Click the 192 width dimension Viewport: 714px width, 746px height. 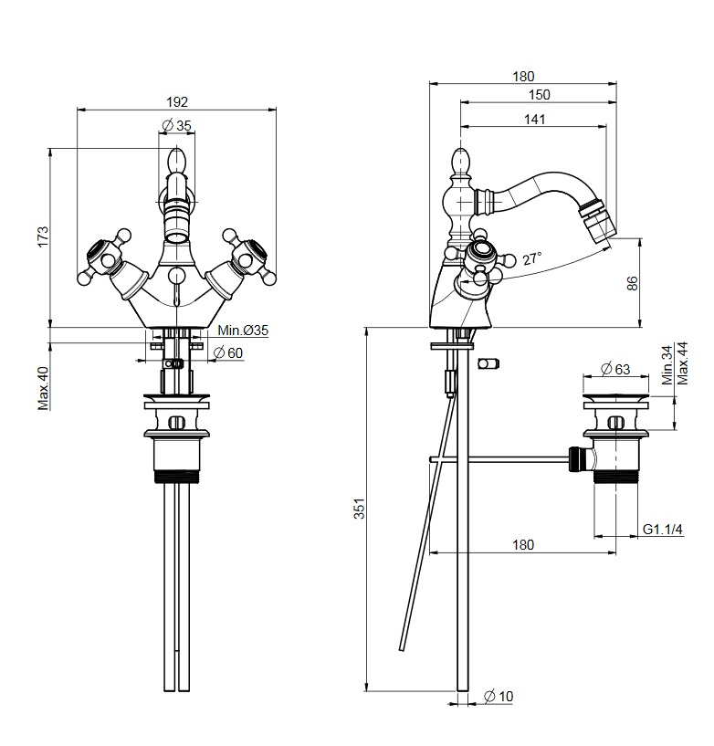(177, 102)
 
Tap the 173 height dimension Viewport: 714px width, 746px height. (43, 236)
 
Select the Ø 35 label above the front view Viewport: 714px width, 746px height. (176, 126)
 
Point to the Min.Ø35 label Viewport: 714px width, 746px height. (243, 331)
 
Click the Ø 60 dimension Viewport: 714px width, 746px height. (228, 353)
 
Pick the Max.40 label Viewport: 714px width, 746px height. (44, 388)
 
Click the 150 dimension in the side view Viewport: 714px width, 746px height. (539, 95)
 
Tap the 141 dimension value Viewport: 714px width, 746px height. (534, 120)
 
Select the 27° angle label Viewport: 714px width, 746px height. (532, 258)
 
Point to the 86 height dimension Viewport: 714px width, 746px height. (632, 284)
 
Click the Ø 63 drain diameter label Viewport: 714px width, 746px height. (615, 369)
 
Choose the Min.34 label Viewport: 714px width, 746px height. (667, 365)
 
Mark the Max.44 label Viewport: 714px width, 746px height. (683, 363)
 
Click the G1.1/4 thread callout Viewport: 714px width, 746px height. (663, 529)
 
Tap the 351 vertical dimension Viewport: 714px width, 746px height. (360, 508)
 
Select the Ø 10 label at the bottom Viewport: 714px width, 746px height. (499, 696)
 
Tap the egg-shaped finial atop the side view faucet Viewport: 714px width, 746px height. (461, 161)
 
